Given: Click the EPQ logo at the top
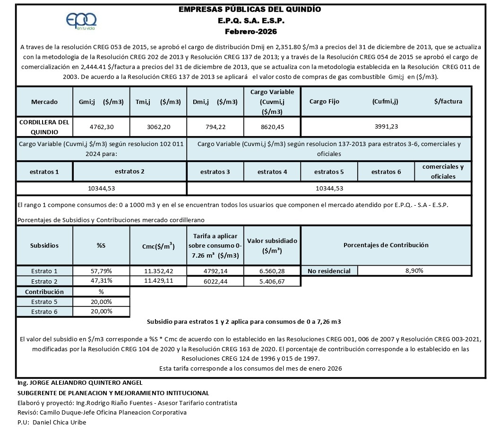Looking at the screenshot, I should [82, 21].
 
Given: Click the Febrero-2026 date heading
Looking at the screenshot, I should [251, 32].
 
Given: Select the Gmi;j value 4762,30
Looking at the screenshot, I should [101, 127].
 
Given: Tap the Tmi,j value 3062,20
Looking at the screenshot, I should [158, 127].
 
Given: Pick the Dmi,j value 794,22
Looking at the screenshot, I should [215, 127].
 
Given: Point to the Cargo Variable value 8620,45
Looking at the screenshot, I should [272, 127].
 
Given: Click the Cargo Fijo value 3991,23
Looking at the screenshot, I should [386, 127].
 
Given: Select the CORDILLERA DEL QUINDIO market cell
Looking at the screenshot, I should [44, 127].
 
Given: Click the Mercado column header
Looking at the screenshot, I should [44, 102].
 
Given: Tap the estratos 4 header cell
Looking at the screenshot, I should [272, 172].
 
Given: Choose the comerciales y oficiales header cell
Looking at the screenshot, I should [443, 172].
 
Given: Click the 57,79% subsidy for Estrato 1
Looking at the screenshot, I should [101, 271].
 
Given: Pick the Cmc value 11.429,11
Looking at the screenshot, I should [158, 281].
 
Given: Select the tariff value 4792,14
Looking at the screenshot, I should [215, 271].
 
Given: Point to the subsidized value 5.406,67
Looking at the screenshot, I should [272, 281].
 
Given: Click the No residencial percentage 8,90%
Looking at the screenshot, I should [414, 271].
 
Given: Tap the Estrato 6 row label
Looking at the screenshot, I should [44, 312].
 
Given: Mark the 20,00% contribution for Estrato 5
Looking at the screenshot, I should [101, 302].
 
